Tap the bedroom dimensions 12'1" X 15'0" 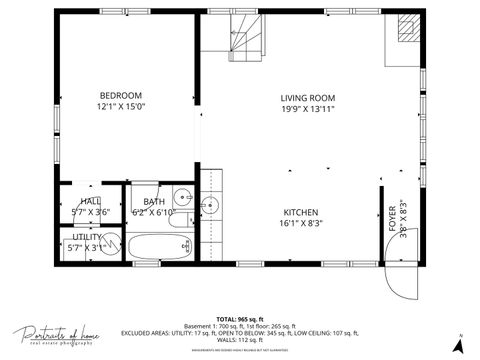(x=122, y=106)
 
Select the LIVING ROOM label (x=307, y=97)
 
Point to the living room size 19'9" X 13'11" (x=307, y=109)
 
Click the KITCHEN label (x=300, y=213)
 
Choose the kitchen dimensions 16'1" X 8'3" (x=300, y=225)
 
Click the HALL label (x=90, y=201)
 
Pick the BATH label (x=154, y=201)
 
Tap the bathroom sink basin (x=182, y=196)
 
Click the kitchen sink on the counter (x=210, y=207)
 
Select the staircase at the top (x=245, y=37)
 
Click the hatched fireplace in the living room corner (x=408, y=29)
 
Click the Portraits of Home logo (x=55, y=338)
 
